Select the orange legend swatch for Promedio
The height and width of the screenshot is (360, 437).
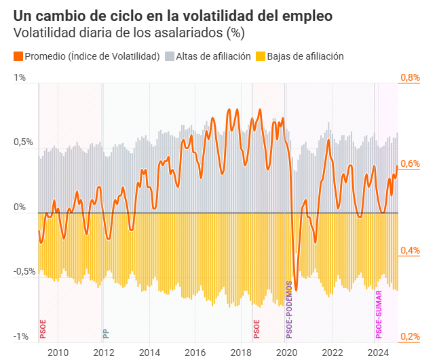(x=18, y=56)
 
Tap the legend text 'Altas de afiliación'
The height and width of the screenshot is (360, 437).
(x=213, y=56)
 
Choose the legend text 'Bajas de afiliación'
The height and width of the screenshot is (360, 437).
(x=305, y=56)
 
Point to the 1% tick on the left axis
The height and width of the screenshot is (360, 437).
(x=20, y=78)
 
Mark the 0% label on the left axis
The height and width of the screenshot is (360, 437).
(x=20, y=207)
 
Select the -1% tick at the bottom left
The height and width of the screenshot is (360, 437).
(x=20, y=336)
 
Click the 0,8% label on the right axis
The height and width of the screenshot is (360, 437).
(x=410, y=78)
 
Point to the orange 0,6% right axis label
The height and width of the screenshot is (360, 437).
(x=410, y=164)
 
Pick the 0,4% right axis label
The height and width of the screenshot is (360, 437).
(x=410, y=250)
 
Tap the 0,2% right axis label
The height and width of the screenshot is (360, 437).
(x=410, y=336)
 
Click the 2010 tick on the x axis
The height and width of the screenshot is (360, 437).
(x=58, y=351)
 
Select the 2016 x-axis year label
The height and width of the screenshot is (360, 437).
(x=195, y=351)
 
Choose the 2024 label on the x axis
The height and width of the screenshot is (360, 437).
(x=377, y=351)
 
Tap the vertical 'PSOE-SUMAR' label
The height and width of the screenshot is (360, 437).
(x=379, y=314)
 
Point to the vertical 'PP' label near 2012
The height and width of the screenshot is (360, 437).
(x=105, y=333)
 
